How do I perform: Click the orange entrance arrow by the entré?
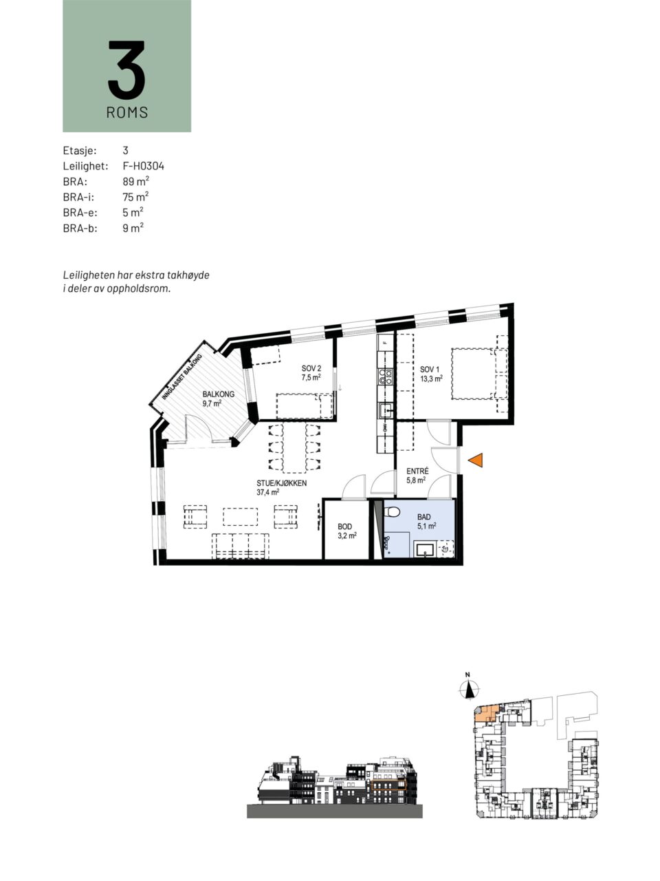(x=476, y=460)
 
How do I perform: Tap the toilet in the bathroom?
(x=391, y=512)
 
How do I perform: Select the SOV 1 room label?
(x=430, y=369)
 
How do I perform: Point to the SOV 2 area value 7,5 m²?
(x=311, y=377)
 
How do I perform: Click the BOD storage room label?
(x=344, y=527)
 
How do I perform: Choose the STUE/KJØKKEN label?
(x=282, y=483)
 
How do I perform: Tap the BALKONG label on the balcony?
(x=219, y=394)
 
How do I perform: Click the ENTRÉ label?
(x=417, y=471)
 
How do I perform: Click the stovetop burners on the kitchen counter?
(x=386, y=376)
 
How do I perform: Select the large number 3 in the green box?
(x=126, y=70)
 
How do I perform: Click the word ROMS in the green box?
(x=127, y=112)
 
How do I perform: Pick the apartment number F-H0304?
(x=144, y=166)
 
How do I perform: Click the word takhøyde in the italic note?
(x=190, y=276)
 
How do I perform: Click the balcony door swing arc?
(x=199, y=425)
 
